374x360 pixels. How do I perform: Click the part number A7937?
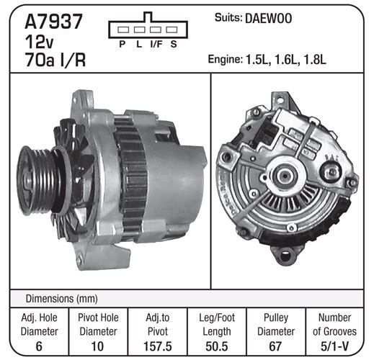click(53, 22)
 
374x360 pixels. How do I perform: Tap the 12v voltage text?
click(39, 42)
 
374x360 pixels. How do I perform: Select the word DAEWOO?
click(268, 19)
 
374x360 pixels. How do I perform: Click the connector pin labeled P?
click(123, 30)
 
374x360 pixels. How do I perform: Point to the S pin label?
click(174, 44)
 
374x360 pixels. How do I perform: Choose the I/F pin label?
click(156, 44)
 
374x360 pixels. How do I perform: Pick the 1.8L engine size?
click(315, 60)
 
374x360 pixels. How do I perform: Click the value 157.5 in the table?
click(158, 346)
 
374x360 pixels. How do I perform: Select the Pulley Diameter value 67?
click(275, 346)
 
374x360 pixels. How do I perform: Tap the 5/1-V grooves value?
click(334, 346)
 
